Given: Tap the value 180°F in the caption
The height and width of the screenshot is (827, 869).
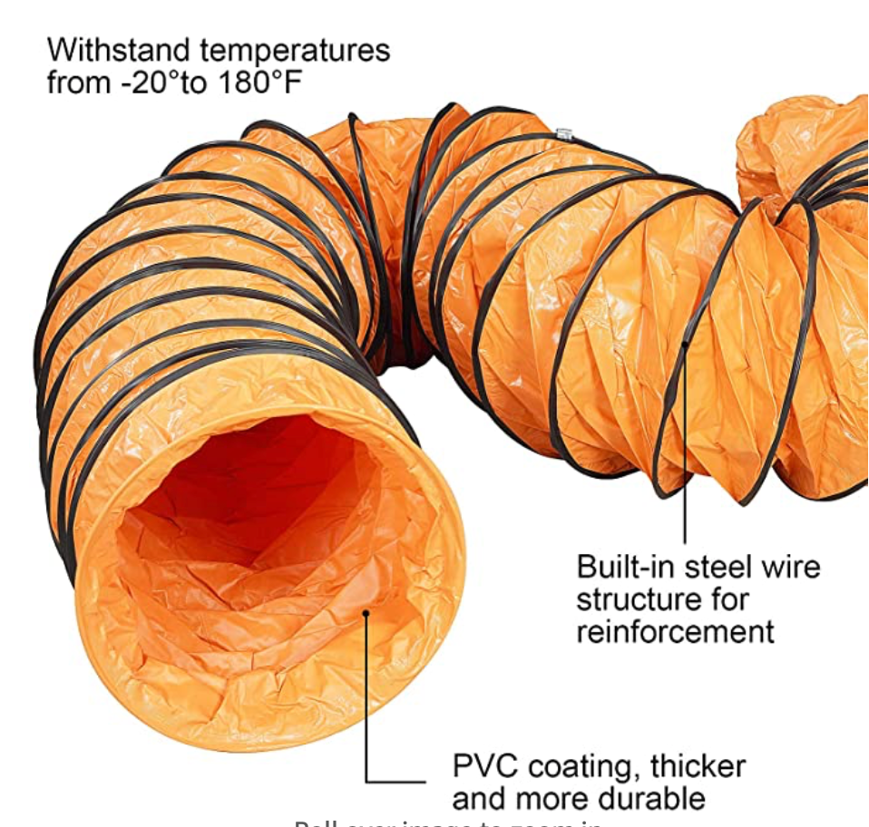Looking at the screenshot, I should point(258,83).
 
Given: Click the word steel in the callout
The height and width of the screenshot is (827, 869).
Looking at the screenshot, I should point(717,567).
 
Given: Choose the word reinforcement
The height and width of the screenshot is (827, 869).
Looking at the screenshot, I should point(675,630).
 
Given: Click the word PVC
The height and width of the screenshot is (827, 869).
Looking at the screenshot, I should point(486,766).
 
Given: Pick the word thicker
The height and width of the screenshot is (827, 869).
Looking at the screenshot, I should point(698,766).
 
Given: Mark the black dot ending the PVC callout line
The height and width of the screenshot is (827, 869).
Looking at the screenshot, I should point(366,613).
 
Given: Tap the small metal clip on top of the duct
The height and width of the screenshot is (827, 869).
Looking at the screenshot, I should point(564,135).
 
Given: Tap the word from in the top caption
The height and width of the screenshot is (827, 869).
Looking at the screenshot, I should point(77,83).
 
